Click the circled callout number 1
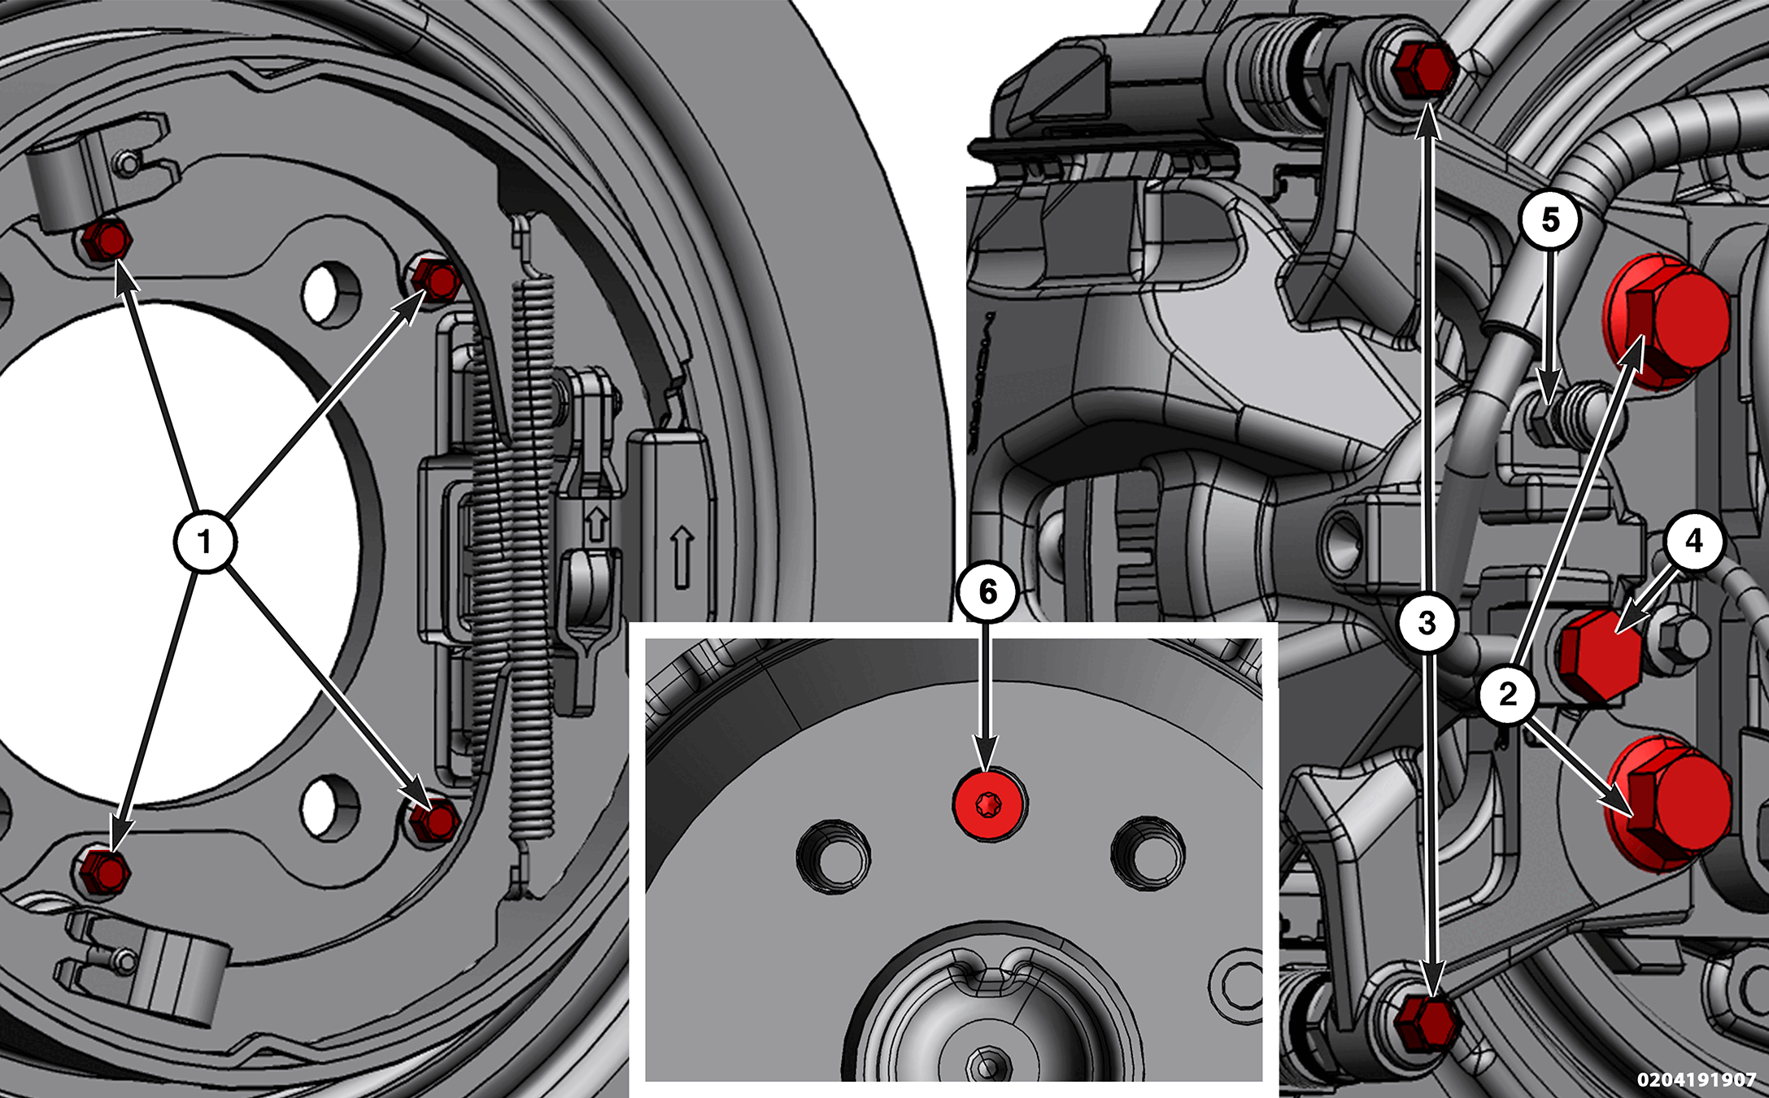205,542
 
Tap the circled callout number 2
1508,694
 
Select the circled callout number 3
1427,623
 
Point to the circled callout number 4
1693,541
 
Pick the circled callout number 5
1550,220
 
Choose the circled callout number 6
987,592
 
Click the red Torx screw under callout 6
989,804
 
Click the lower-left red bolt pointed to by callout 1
105,871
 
